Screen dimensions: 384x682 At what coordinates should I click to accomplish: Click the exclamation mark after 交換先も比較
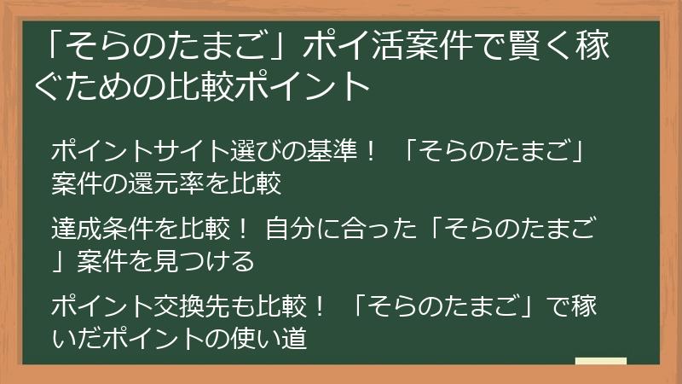pos(318,306)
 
